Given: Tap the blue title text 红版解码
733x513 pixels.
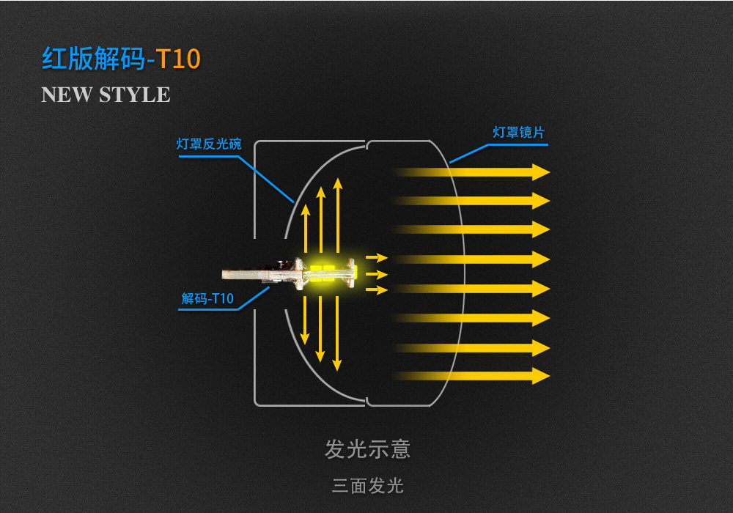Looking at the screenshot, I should coord(93,59).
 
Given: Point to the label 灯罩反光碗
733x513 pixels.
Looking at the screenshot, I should coord(208,144).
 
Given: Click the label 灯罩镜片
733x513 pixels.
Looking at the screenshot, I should coord(518,133).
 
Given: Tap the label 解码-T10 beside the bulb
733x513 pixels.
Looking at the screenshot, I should coord(207,298).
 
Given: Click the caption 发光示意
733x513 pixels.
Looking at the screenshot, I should coord(367,449).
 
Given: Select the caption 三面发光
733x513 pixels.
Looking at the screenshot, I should coord(367,485).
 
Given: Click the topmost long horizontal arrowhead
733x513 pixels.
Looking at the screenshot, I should coord(541,172).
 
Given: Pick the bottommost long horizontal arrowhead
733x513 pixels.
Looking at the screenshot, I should coord(541,376).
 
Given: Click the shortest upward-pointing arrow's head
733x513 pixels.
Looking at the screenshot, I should coord(305,207).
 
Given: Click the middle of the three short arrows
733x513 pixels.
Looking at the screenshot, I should coord(377,274).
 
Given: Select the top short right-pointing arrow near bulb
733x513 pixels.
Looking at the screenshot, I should coord(377,258).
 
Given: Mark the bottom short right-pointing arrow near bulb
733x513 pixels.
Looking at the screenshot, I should coord(377,290).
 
